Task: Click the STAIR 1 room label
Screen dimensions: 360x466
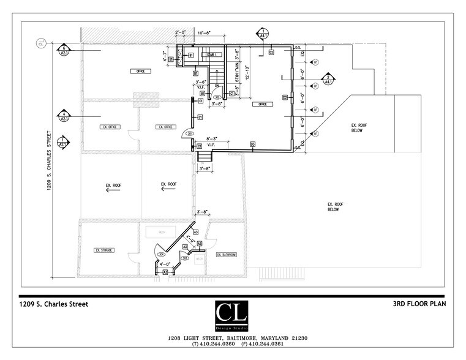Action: tap(212, 55)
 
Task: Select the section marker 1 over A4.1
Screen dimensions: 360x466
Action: tap(263, 33)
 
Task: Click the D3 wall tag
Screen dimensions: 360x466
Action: tap(252, 144)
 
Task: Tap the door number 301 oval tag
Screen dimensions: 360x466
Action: tap(190, 133)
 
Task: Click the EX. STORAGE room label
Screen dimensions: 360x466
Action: tap(105, 250)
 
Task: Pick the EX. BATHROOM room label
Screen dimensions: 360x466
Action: tap(225, 254)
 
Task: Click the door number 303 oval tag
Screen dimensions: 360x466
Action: tap(184, 258)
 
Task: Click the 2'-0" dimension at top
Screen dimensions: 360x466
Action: tap(181, 32)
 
